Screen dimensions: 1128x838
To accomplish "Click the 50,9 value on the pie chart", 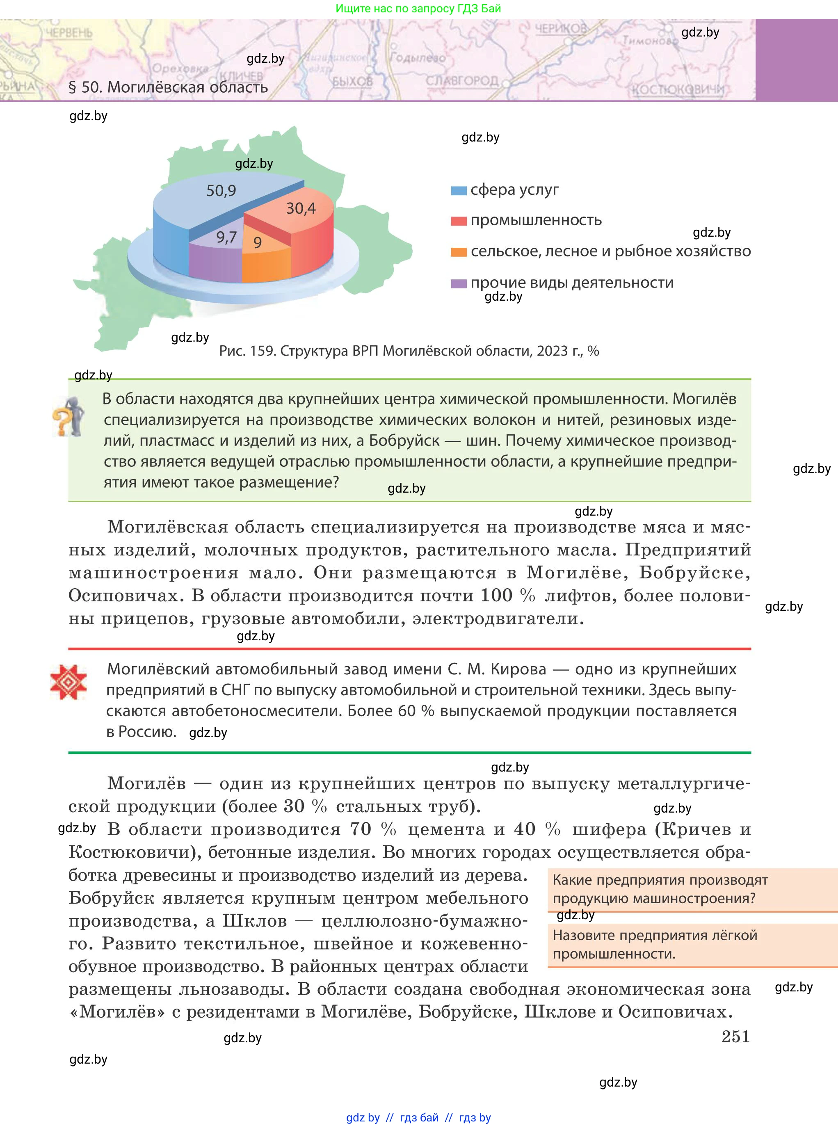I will (x=221, y=191).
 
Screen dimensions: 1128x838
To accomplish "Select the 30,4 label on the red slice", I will (x=301, y=208).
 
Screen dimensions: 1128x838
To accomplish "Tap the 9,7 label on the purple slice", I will (x=226, y=237).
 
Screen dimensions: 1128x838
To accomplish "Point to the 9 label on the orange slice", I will (x=258, y=243).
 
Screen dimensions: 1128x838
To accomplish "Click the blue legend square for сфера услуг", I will (x=459, y=191).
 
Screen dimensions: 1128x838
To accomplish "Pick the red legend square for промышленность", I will (x=459, y=221).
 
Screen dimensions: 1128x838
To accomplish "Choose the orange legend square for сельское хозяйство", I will (x=459, y=252).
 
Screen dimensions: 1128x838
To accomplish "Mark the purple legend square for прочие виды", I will (x=459, y=283).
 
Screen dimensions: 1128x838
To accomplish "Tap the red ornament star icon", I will (x=69, y=682).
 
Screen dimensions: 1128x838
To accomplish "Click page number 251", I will (x=735, y=1036).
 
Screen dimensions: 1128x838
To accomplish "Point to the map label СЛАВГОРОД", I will (x=461, y=81).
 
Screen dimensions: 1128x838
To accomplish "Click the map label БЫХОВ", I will (x=352, y=81).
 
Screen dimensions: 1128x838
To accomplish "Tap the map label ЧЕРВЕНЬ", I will (x=69, y=33).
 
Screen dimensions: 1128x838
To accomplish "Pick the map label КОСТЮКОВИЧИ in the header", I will (x=677, y=90).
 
